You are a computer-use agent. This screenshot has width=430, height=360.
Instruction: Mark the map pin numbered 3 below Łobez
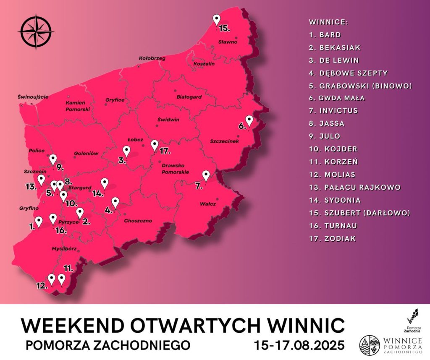[x=126, y=151]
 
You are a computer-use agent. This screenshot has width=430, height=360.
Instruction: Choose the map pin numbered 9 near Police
[x=53, y=160]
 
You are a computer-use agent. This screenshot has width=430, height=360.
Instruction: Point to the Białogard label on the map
[x=189, y=97]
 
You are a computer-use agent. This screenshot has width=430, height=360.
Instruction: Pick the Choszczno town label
[x=138, y=221]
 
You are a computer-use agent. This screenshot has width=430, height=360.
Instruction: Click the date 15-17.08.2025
[x=299, y=345]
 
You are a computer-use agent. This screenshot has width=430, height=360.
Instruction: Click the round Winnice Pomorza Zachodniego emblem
[x=370, y=345]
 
